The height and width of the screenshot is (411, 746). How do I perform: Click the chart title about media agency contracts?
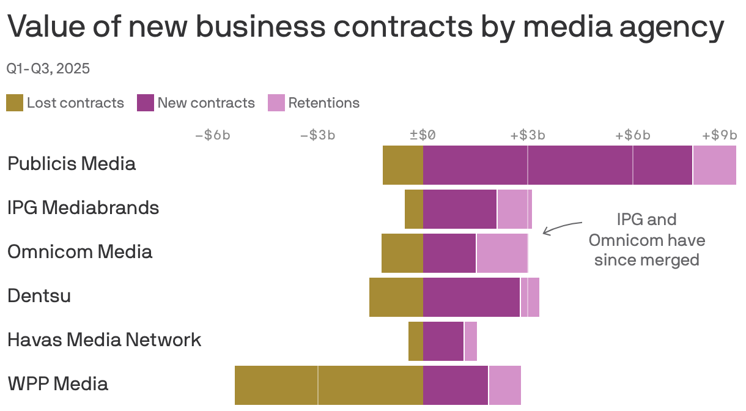(x=365, y=28)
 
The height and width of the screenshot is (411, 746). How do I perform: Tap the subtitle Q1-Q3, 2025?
(x=48, y=68)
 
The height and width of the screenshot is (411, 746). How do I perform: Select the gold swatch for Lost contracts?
(x=15, y=103)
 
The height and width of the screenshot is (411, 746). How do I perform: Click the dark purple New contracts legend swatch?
(x=145, y=103)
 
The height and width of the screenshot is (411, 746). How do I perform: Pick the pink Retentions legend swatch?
(x=276, y=103)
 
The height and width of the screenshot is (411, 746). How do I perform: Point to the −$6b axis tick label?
(x=212, y=135)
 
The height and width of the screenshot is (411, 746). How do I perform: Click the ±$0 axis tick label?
(x=423, y=135)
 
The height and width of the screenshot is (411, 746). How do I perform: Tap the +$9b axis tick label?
(x=719, y=135)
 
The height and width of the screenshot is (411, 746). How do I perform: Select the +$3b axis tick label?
(x=528, y=135)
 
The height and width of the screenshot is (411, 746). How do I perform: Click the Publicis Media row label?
(x=72, y=164)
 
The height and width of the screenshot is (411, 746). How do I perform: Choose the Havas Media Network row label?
(x=104, y=339)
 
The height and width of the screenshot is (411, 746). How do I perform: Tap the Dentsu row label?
(x=39, y=296)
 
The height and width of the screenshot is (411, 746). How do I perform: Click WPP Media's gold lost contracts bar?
(x=329, y=385)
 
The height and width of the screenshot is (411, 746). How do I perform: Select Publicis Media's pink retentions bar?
(x=714, y=165)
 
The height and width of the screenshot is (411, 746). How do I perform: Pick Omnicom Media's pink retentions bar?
(x=502, y=253)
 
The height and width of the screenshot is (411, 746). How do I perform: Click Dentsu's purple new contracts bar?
(x=471, y=297)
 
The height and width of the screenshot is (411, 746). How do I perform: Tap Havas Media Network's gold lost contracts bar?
(x=416, y=341)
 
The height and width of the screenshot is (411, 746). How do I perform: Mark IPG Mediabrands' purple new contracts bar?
(x=460, y=209)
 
